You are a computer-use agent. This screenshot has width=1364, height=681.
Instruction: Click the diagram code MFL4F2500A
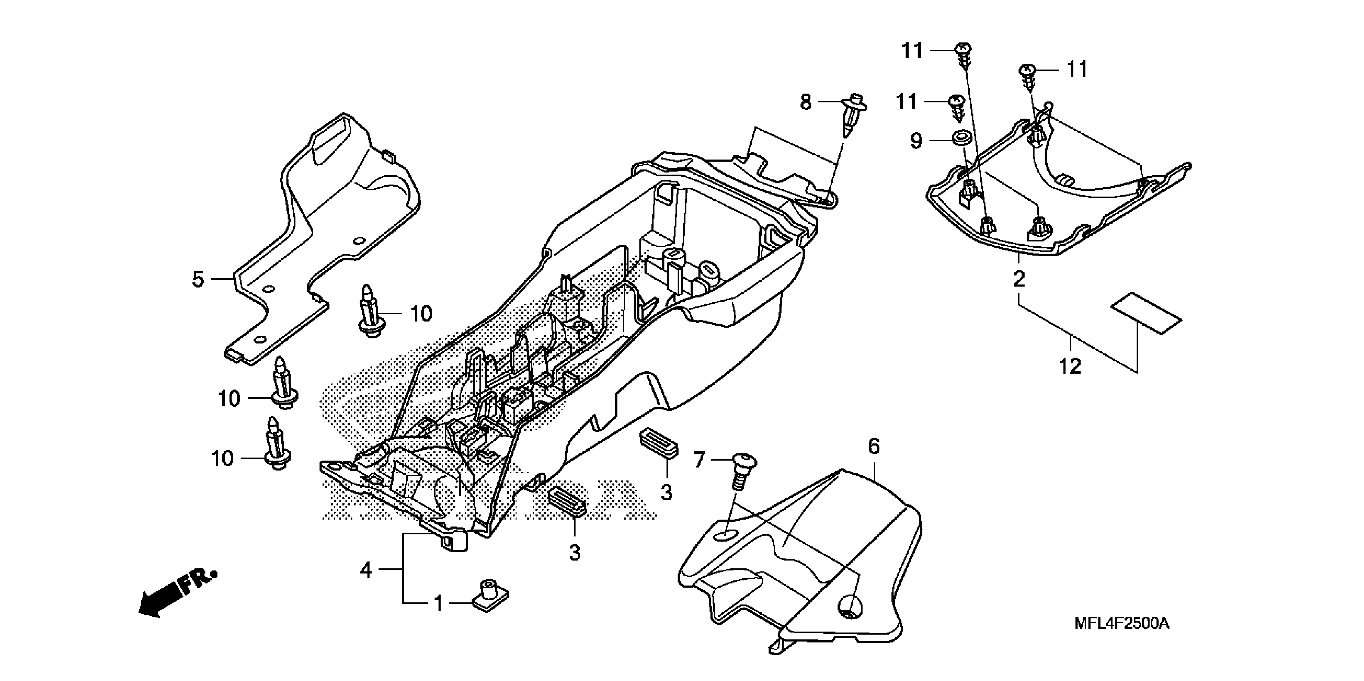point(1122,623)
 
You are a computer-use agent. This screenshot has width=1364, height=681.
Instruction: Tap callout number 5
point(198,279)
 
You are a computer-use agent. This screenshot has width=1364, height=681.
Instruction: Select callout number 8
point(805,102)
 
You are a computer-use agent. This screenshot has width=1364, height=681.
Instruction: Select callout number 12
point(1070,366)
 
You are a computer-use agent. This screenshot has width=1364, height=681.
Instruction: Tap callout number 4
point(366,570)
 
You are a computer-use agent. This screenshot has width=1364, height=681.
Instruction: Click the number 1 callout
point(439,604)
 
